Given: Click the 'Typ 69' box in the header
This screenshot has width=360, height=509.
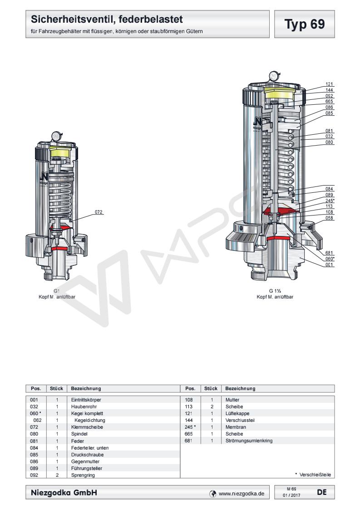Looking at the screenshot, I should (x=305, y=24).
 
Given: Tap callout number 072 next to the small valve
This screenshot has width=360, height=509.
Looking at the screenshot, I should (x=99, y=212).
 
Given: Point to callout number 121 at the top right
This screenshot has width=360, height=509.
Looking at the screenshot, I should (x=330, y=84).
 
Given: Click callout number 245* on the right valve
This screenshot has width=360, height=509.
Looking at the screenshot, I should (x=330, y=200).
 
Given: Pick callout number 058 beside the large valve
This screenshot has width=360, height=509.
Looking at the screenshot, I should (x=330, y=218).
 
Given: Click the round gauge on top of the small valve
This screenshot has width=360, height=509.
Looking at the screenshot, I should (x=56, y=135).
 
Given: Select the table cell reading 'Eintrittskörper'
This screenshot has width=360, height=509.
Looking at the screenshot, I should (x=86, y=400).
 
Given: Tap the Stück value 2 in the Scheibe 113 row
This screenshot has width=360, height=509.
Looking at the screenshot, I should (x=212, y=407).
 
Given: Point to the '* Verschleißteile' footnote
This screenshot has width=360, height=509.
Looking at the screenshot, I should (x=313, y=475).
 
